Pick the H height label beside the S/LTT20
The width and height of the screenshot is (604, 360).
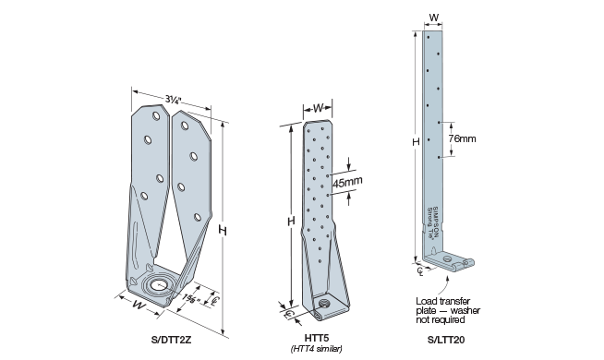click(417, 140)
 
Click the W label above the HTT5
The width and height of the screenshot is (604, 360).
click(319, 108)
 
